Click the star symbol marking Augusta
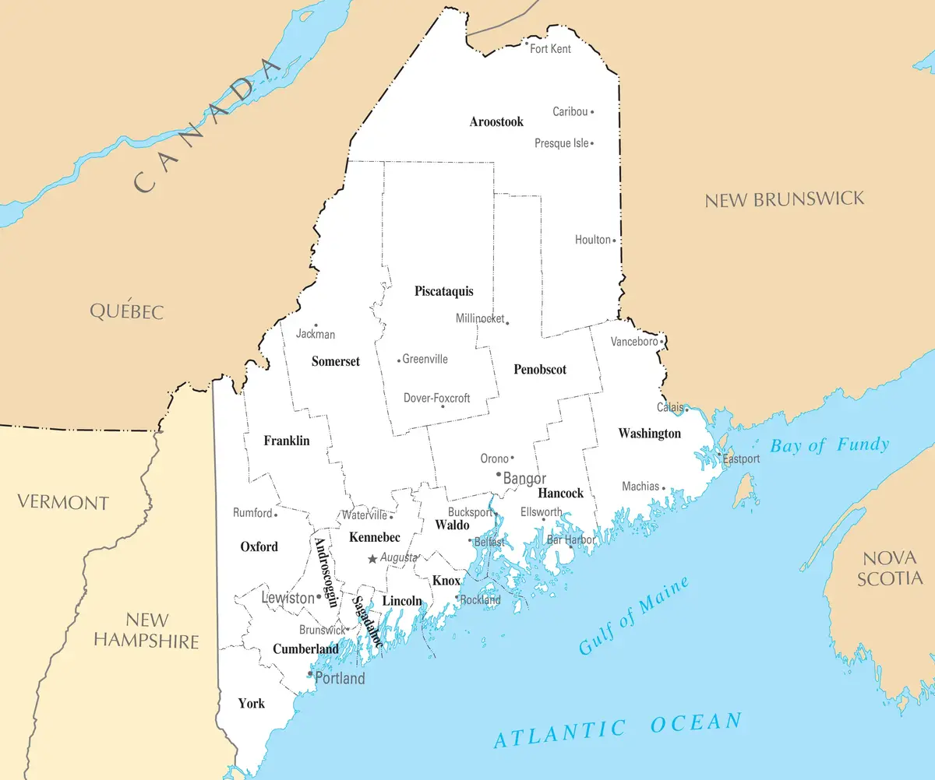[x=372, y=559]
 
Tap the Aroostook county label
[x=496, y=121]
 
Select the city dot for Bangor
[x=499, y=473]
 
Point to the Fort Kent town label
[x=550, y=49]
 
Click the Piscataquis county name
[x=443, y=291]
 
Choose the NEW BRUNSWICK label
[x=785, y=199]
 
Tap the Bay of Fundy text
[x=829, y=445]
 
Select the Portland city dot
[x=310, y=673]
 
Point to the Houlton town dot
[x=614, y=241]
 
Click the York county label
[x=251, y=704]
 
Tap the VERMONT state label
[x=63, y=502]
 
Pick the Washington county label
[x=649, y=434]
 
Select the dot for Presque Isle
[x=592, y=143]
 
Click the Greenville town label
[x=425, y=360]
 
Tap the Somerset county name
[x=336, y=361]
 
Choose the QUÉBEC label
[x=127, y=311]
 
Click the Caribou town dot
[x=592, y=112]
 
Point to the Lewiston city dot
[x=319, y=597]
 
